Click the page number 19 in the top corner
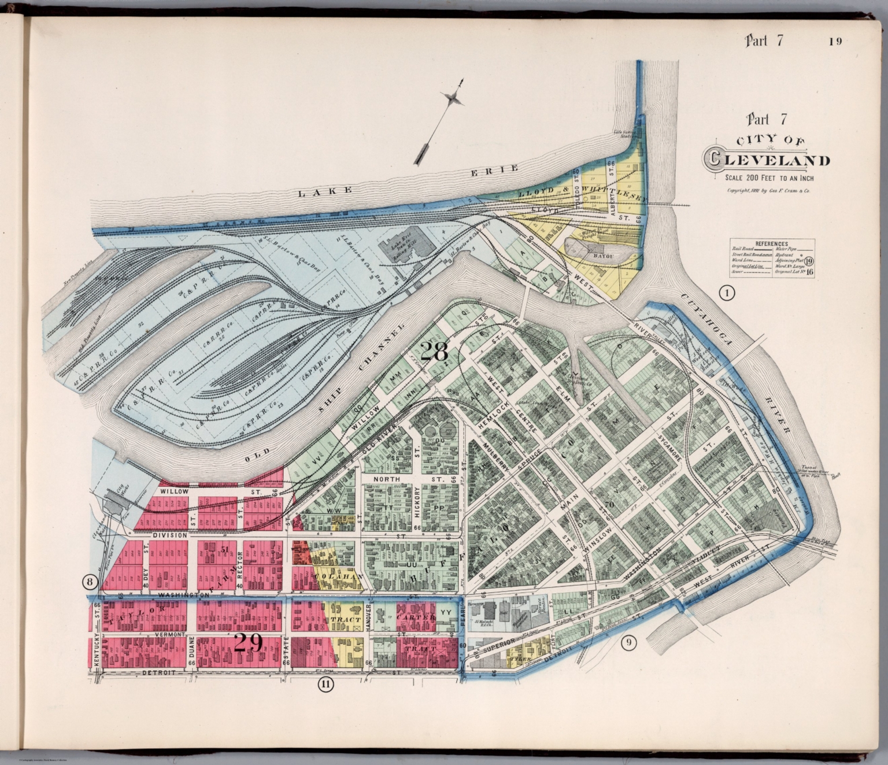tap(834, 41)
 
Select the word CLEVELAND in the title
tap(768, 160)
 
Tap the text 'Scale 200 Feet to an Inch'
tap(767, 178)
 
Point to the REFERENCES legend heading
tap(772, 244)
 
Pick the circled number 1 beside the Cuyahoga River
tap(727, 294)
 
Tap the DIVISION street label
tap(169, 535)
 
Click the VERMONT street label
tap(170, 634)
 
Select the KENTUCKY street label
tap(97, 653)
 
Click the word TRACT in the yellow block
tap(346, 619)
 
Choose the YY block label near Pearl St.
tap(445, 612)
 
